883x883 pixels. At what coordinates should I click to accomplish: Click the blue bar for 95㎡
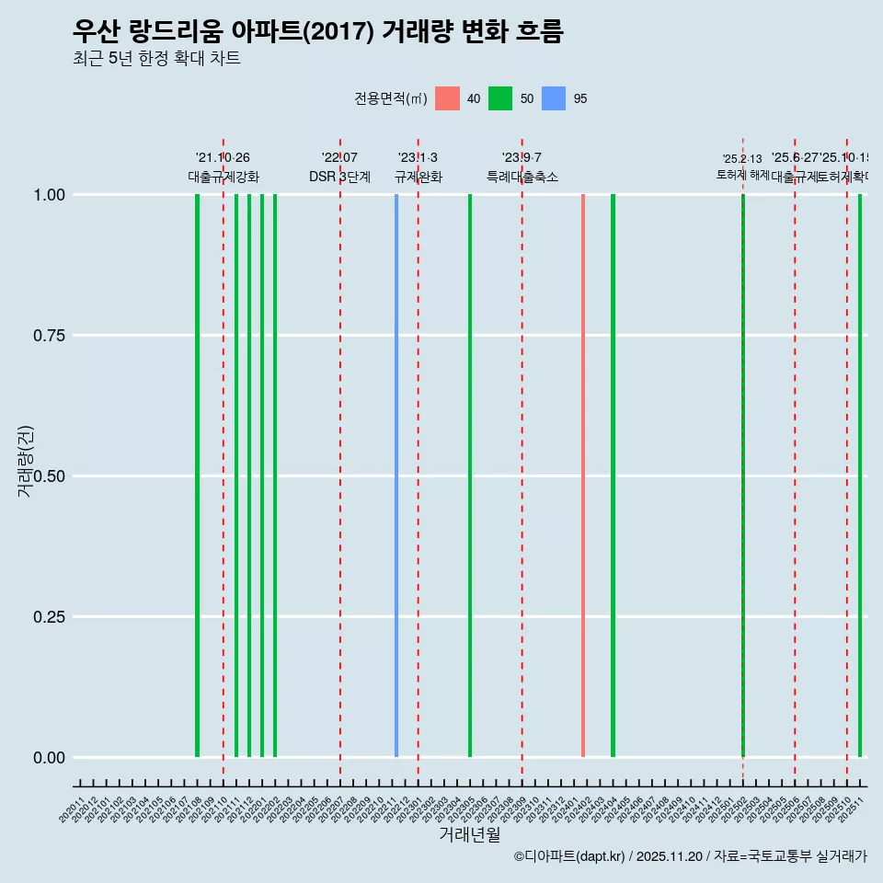coord(396,476)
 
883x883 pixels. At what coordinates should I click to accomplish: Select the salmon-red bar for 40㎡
coord(583,476)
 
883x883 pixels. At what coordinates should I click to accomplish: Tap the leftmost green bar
coord(197,476)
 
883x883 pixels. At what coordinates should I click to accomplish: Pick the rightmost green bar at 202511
coord(860,476)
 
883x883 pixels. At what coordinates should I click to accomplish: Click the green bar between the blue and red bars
coord(470,476)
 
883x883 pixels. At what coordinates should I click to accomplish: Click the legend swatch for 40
coord(447,98)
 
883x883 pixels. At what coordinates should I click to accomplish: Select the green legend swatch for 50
coord(500,98)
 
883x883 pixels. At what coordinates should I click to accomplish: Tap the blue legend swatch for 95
coord(554,98)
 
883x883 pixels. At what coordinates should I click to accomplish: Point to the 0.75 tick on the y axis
coord(48,336)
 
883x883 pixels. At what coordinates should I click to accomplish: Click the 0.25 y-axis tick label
coord(48,617)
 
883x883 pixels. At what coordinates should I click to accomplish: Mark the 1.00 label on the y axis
coord(48,195)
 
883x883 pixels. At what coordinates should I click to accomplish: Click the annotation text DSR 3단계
coord(339,177)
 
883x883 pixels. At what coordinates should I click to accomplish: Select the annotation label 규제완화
coord(419,177)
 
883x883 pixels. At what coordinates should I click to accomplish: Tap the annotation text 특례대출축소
coord(522,177)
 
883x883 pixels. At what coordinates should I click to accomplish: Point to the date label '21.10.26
coord(223,157)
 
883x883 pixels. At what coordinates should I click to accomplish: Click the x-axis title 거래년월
coord(470,834)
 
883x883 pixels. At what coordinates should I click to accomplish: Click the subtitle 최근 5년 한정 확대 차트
coord(156,59)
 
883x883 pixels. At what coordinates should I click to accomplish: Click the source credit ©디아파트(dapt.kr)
coord(569,856)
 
